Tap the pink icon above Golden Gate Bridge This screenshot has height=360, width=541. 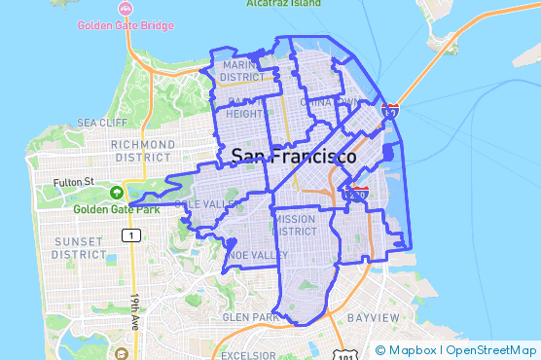[126, 8]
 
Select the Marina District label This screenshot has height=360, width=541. [242, 71]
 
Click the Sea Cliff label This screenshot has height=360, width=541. [102, 123]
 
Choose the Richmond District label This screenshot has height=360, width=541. [143, 151]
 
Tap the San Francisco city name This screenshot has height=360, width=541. [293, 156]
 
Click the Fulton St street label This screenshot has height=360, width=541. [73, 181]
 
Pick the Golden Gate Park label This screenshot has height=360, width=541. [114, 208]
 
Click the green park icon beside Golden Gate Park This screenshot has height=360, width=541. [117, 193]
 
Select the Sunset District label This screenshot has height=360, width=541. [79, 247]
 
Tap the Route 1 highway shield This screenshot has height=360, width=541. [128, 235]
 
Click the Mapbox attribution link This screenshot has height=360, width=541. [413, 350]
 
